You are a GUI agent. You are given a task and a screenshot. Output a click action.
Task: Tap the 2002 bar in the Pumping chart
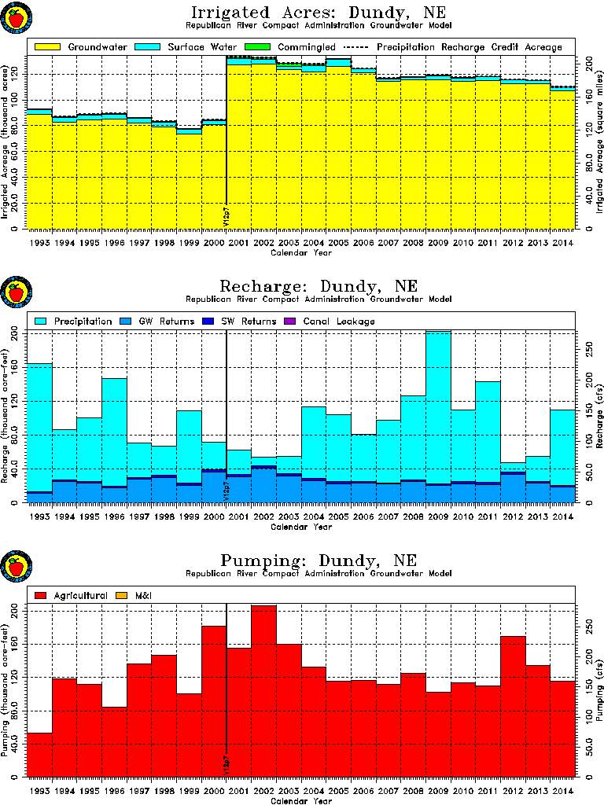coord(263,692)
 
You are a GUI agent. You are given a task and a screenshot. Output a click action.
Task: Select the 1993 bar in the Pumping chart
coord(40,755)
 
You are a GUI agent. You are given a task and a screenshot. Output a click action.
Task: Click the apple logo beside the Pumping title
coord(14,566)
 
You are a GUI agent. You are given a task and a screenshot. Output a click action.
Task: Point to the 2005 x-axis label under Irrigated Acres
coord(338,244)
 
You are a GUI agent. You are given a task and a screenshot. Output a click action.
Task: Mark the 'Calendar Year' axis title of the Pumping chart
coord(301,800)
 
